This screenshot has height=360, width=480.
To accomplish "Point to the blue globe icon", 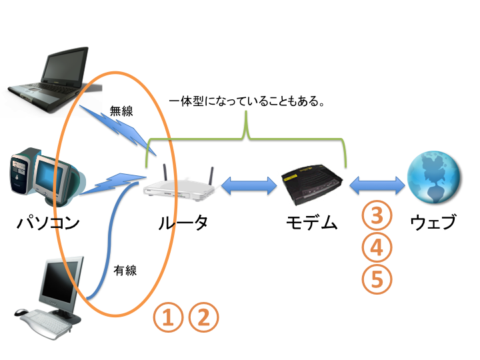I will tap(434, 177).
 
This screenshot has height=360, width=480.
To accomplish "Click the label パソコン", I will tap(48, 222).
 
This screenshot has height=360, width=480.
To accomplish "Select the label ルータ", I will tap(183, 222).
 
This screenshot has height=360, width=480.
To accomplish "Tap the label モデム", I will tap(311, 222).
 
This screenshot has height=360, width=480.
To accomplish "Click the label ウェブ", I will tap(433, 222).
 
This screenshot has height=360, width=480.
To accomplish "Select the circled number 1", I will tap(169, 317).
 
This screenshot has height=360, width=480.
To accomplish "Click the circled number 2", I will tap(204, 317).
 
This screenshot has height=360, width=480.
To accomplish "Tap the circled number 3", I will tap(377, 216).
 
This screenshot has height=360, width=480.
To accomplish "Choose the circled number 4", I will tap(377, 248).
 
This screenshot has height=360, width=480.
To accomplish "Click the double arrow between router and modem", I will tap(249, 186).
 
